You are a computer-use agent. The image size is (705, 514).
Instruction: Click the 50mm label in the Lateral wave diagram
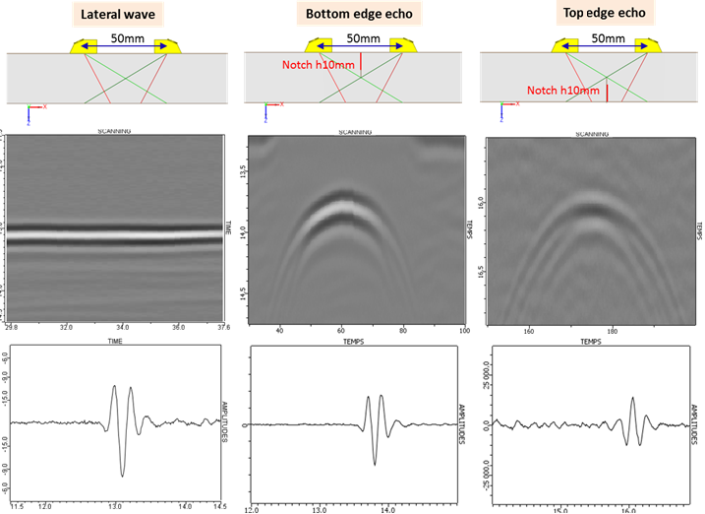tap(124, 37)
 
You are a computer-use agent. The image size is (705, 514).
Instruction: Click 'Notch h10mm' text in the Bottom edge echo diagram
tap(309, 68)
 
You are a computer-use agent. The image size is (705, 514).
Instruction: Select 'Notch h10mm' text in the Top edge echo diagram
tap(563, 90)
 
